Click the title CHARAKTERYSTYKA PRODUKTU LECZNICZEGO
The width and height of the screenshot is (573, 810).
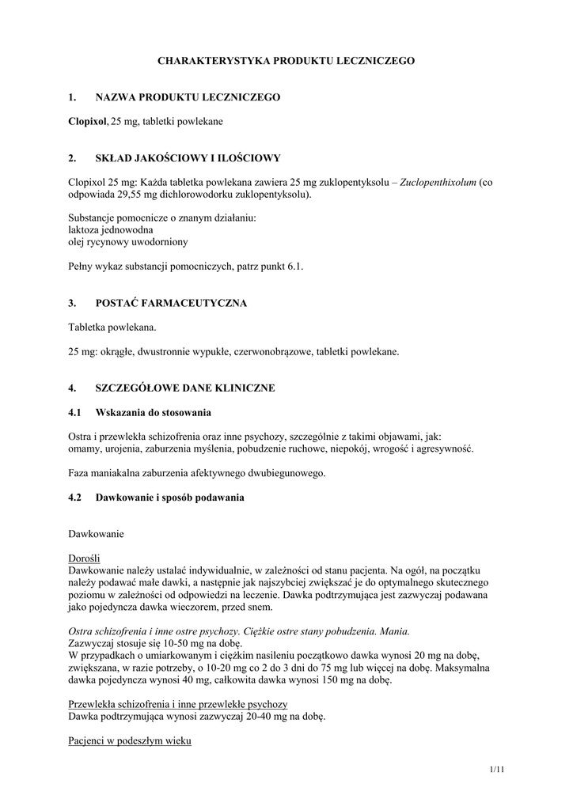[286, 60]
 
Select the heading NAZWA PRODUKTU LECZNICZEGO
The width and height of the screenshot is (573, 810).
[188, 97]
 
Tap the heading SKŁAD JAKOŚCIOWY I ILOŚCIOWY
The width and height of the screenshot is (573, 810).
[188, 158]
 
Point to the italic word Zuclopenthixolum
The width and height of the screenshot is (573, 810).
[438, 182]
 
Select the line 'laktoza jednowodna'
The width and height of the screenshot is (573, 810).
[111, 229]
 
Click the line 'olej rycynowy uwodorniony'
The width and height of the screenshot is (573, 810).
[128, 242]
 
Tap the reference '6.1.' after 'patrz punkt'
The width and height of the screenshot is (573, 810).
[294, 267]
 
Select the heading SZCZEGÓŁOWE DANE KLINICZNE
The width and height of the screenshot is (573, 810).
[185, 388]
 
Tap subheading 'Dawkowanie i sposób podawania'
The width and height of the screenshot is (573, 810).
[169, 498]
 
